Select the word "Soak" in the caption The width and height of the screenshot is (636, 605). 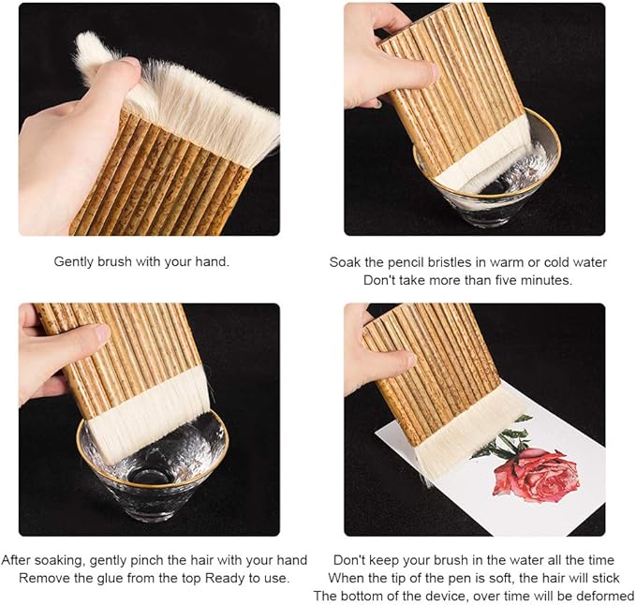click(x=345, y=262)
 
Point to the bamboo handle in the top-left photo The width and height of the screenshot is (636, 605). click(x=159, y=187)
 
